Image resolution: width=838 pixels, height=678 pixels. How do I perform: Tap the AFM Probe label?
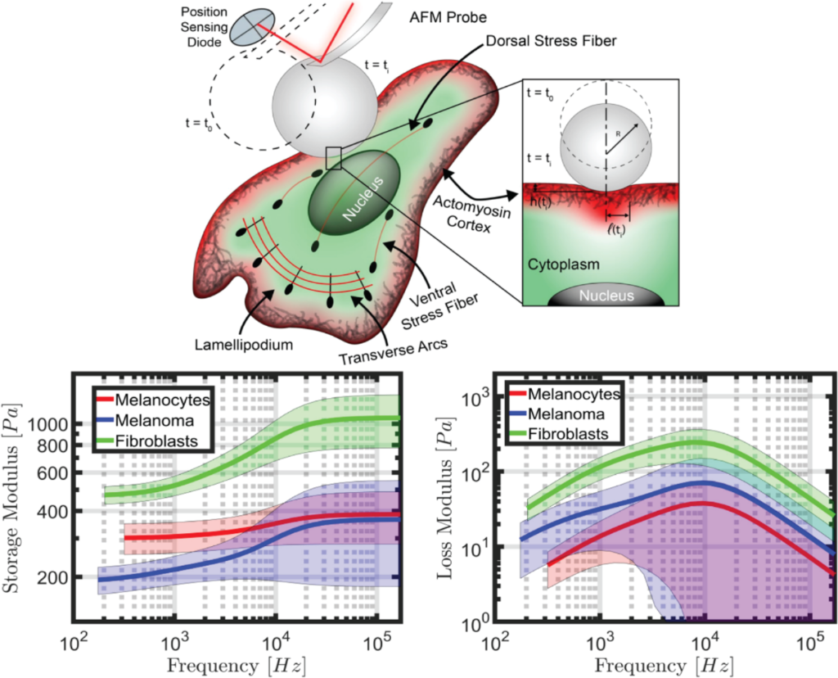(448, 17)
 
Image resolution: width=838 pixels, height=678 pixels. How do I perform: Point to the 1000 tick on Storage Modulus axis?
(50, 423)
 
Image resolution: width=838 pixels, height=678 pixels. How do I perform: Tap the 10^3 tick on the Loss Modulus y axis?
(478, 397)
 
